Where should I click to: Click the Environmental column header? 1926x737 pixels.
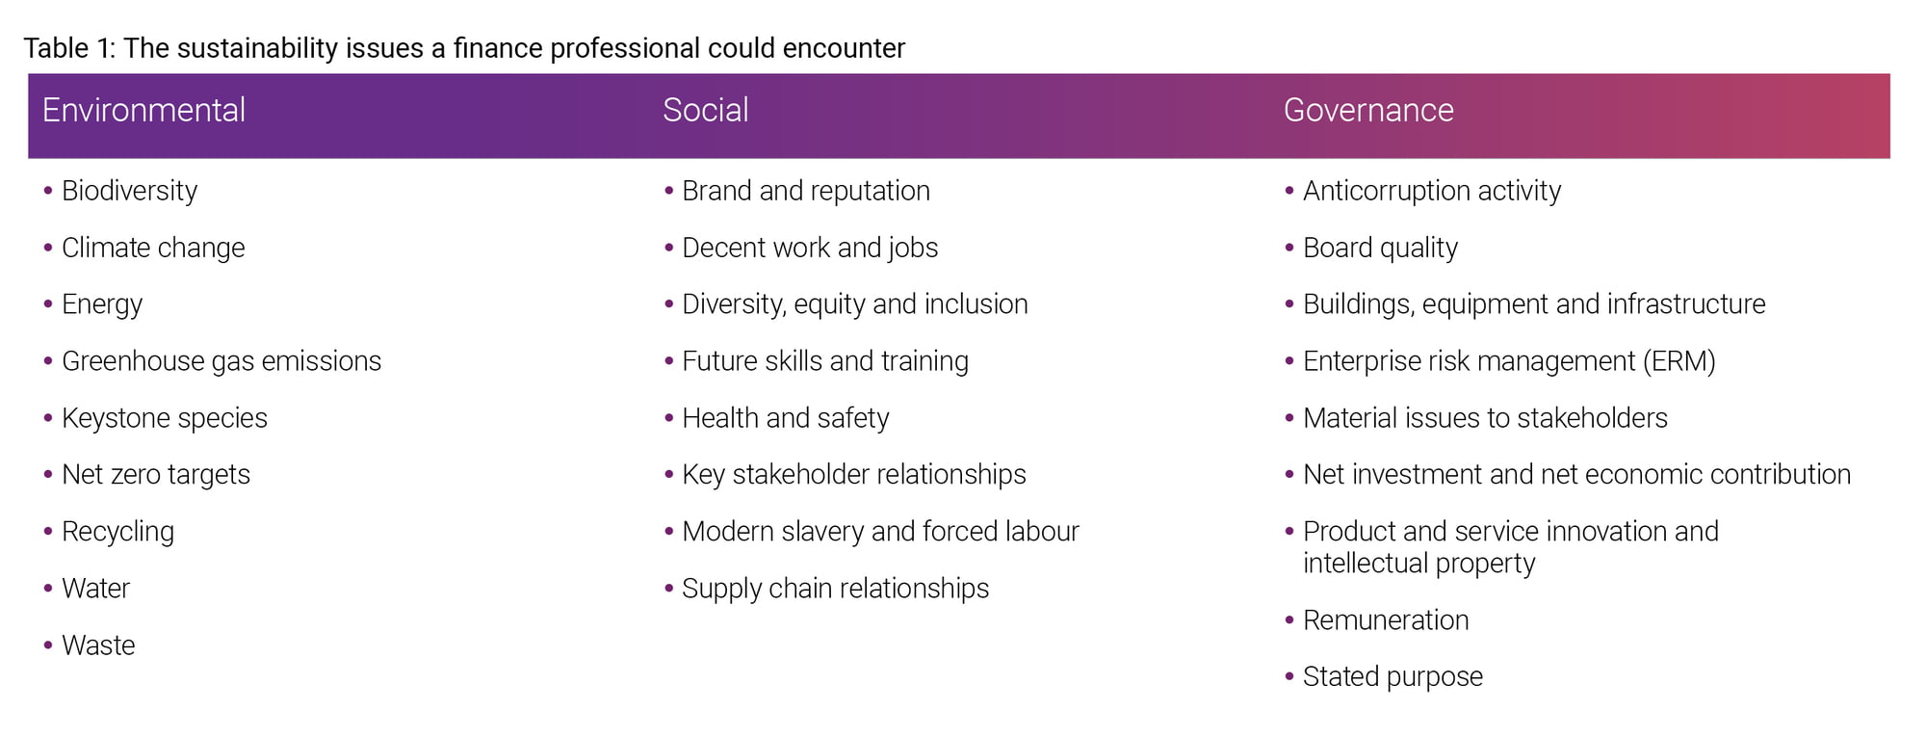[x=143, y=110]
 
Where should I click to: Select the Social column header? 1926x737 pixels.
[x=706, y=110]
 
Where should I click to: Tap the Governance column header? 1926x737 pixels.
[x=1368, y=110]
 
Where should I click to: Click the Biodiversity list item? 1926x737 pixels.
[x=129, y=191]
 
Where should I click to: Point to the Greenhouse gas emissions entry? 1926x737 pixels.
[x=221, y=361]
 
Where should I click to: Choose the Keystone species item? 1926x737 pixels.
[x=165, y=418]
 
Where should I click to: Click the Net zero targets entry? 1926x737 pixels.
[x=156, y=475]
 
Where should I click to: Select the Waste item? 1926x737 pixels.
[x=98, y=645]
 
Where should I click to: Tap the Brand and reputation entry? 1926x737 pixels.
[x=806, y=191]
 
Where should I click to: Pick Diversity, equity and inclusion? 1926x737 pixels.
[x=855, y=304]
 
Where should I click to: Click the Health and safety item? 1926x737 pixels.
[x=786, y=418]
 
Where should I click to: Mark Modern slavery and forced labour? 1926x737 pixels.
[x=880, y=532]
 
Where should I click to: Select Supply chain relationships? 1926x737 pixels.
[x=835, y=589]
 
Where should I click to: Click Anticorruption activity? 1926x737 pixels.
[x=1432, y=191]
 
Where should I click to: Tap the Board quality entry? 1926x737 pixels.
[x=1380, y=248]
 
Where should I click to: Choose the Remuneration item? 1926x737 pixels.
[x=1386, y=620]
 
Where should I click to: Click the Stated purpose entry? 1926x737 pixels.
[x=1392, y=677]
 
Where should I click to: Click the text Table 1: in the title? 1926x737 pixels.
[x=69, y=48]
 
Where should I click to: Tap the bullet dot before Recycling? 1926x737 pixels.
[x=47, y=532]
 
